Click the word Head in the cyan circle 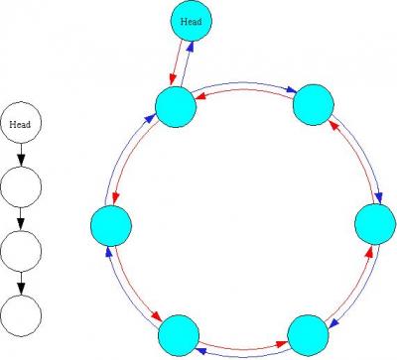coord(191,22)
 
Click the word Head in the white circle coord(20,125)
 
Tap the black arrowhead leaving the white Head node coord(21,160)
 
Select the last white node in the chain coord(21,315)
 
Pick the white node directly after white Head coord(21,187)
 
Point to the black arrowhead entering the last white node coord(21,289)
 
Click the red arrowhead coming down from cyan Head coord(172,79)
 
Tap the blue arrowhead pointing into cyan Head coord(191,47)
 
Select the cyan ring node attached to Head coord(176,107)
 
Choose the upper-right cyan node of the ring coord(314,105)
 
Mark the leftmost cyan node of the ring coord(111,226)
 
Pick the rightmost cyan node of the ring coord(375,224)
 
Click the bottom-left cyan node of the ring coord(179,335)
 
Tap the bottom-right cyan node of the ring coord(308,335)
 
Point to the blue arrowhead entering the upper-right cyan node coord(291,90)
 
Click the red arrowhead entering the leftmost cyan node coord(115,199)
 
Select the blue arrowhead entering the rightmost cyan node coord(380,198)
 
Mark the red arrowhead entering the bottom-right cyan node coord(281,344)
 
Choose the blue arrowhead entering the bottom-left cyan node coord(200,351)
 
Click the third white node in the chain coord(21,251)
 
